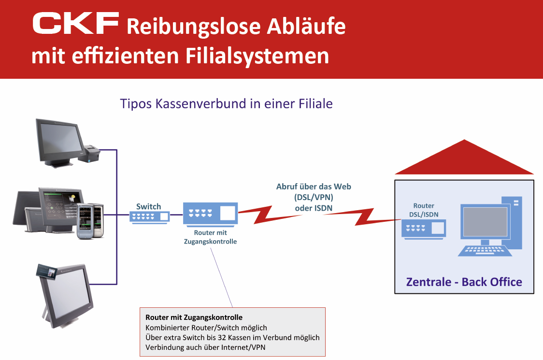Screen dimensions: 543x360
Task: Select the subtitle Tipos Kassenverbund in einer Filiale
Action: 226,103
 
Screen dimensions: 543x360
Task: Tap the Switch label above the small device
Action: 148,206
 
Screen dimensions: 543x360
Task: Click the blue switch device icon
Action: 150,217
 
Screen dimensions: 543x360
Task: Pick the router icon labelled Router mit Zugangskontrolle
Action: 210,214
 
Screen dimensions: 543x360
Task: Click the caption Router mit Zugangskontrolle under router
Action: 210,237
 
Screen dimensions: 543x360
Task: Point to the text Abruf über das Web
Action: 314,187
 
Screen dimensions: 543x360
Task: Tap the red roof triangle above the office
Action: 464,159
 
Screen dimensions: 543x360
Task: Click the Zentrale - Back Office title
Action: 464,282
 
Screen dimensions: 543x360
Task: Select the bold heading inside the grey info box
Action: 194,317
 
